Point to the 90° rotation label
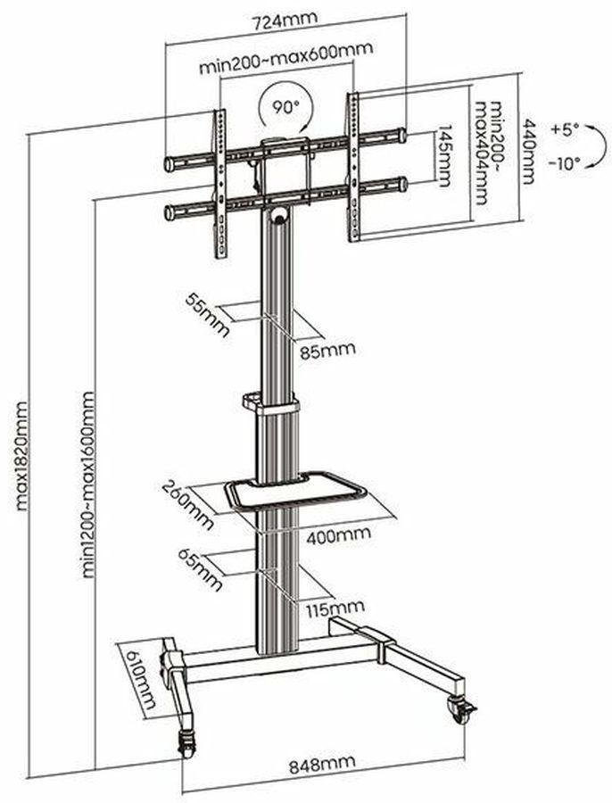pos(285,107)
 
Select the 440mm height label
pos(528,152)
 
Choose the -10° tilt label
pos(565,163)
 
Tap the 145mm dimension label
pos(442,155)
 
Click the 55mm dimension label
pos(207,315)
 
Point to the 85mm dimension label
pos(327,351)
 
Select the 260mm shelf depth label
pos(188,504)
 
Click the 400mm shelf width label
pos(338,535)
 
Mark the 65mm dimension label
pos(200,568)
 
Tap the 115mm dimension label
pos(335,608)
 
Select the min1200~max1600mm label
pos(88,484)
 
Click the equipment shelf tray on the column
pos(295,490)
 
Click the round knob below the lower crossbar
pos(280,214)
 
